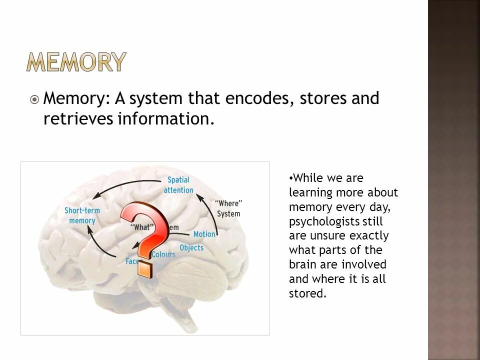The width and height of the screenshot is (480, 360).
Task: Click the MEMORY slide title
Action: pos(76,62)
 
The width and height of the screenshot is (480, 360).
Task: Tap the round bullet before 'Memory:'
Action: pos(34,100)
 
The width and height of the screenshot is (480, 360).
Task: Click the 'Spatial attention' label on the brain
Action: pos(178,185)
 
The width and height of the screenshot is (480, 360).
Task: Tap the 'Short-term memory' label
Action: pos(82,215)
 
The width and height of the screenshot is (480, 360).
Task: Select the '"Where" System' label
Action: pos(228,208)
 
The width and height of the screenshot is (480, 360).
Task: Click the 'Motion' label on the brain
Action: pos(204,234)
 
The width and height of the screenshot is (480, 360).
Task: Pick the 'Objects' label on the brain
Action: pos(191,247)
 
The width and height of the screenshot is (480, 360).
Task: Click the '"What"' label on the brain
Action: pos(142,226)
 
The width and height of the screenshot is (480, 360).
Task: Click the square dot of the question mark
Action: pos(145,268)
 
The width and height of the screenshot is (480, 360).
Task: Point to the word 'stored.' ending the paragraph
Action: pos(307,294)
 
